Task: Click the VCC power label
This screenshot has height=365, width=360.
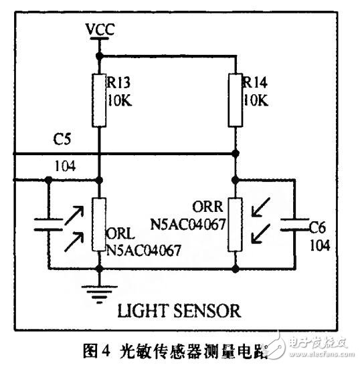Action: pos(99,29)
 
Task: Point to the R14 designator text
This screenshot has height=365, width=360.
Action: pos(255,84)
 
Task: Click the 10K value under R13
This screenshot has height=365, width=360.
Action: pos(119,101)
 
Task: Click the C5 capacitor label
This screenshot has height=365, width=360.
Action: pos(62,141)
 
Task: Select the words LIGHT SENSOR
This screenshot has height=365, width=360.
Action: pos(179,312)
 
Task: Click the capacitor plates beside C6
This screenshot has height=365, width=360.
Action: pos(294,224)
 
